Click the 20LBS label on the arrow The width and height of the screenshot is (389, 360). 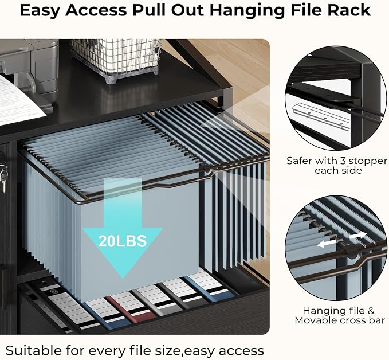123,241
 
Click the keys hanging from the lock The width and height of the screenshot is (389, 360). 3,175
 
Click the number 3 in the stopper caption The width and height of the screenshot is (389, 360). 343,161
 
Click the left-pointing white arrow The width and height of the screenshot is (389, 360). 327,244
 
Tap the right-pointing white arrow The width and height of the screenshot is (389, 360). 357,236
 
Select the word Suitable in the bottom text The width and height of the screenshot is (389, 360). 34,351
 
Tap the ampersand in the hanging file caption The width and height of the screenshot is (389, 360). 371,311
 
